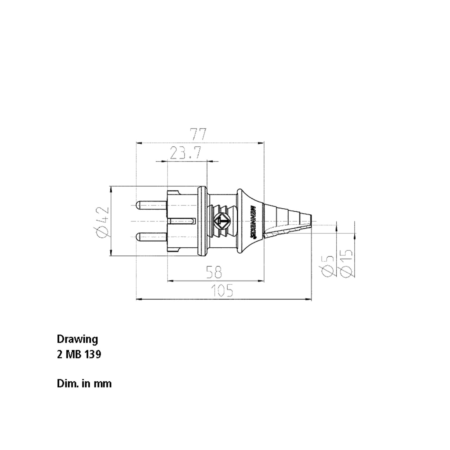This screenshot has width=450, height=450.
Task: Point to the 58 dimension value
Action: (x=214, y=272)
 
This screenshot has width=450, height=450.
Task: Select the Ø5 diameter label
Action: (x=327, y=266)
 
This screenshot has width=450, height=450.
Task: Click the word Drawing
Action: (x=77, y=339)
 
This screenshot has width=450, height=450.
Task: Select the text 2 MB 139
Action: (x=79, y=355)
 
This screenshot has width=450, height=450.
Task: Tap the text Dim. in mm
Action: (x=84, y=384)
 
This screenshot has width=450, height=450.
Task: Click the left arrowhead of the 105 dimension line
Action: (x=138, y=299)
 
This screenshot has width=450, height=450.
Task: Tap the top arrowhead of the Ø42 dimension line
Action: (x=111, y=189)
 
